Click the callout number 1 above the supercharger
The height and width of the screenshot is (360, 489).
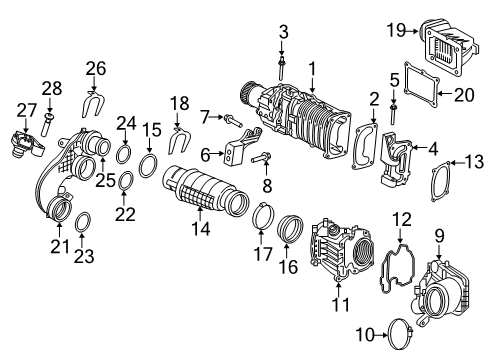(x=312, y=68)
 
